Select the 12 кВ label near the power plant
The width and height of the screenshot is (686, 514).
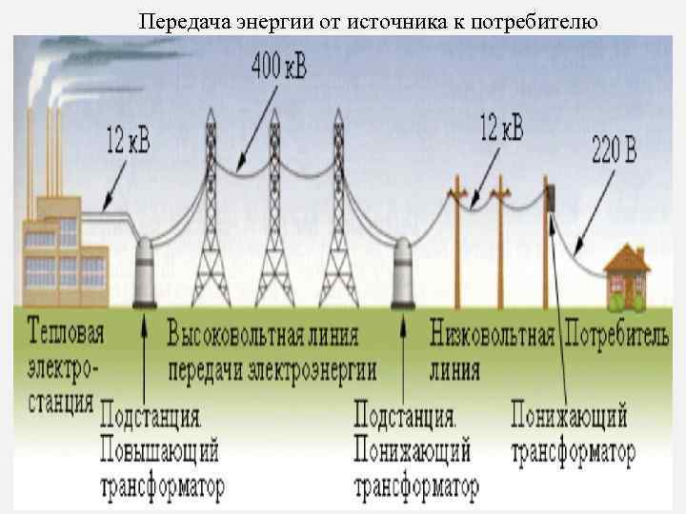tap(127, 144)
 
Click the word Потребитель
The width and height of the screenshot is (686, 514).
tap(617, 334)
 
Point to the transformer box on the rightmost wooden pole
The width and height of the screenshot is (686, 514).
tap(551, 197)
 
